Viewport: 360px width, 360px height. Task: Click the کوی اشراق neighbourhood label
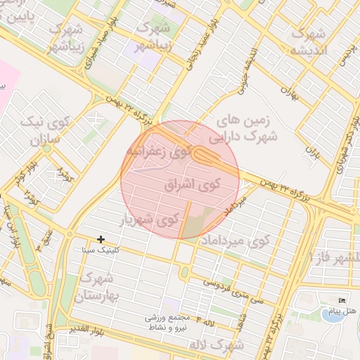(x=192, y=185)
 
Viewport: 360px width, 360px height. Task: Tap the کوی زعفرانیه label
(x=160, y=151)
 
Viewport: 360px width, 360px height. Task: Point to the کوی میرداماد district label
(x=236, y=241)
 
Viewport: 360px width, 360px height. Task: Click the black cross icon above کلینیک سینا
(x=101, y=240)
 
